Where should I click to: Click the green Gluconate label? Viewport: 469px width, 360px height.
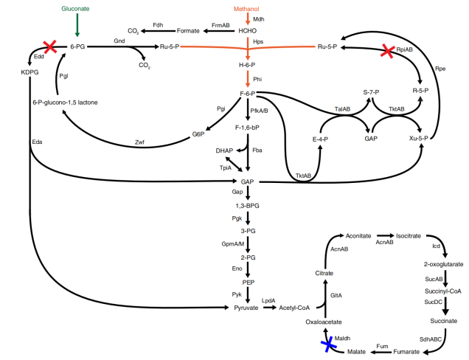tap(77, 7)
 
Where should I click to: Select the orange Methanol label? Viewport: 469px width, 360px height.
tap(248, 7)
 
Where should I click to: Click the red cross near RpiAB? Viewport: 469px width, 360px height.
tap(388, 52)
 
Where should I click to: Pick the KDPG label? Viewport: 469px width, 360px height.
tap(30, 72)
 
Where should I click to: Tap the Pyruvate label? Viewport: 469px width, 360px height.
tap(247, 308)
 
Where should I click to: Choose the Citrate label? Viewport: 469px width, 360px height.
tap(325, 273)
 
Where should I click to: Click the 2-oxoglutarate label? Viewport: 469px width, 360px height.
tap(441, 263)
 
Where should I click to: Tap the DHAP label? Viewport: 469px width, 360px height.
tap(225, 150)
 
